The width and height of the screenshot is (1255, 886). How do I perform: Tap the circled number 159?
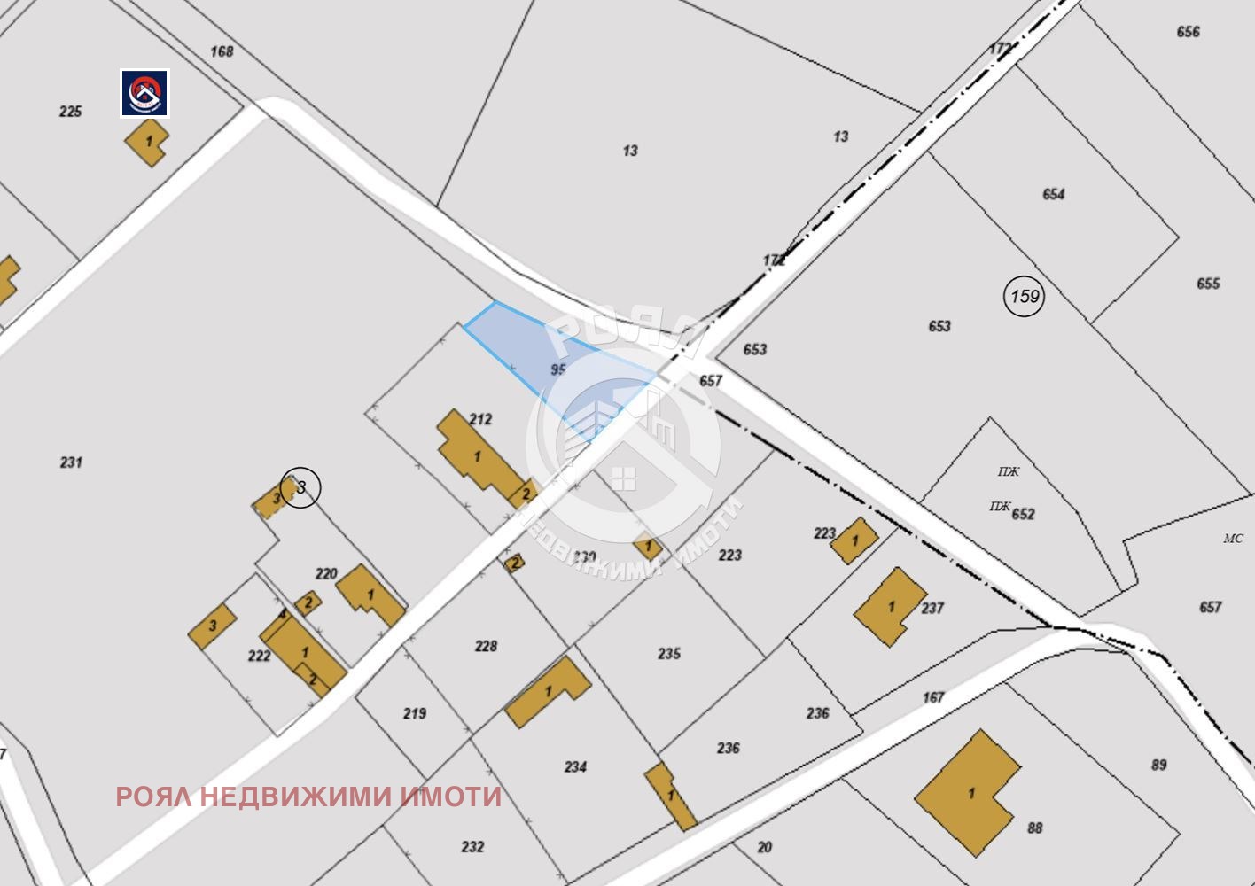pos(1025,296)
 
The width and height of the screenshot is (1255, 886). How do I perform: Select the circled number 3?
pos(300,487)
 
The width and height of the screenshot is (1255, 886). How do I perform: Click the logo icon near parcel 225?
pos(145,93)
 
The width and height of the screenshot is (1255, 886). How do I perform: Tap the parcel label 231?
pos(71,462)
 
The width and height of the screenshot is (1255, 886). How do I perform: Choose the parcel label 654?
pos(1053,194)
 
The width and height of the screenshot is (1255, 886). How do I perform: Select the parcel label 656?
pos(1188,32)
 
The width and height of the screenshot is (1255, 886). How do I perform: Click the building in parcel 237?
pos(889,607)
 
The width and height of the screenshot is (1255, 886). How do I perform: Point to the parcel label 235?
pos(669,653)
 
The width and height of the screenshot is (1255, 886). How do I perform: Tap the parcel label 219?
pos(415,713)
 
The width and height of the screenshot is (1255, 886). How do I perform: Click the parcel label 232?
pos(472,846)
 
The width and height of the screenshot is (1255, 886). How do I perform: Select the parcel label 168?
pos(222,51)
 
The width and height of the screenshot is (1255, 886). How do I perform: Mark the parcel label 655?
pos(1208,284)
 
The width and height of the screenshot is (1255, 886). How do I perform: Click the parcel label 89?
pos(1158,765)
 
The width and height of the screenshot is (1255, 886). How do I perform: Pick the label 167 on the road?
pos(933,697)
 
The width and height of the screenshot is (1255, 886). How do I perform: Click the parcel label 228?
pos(486,646)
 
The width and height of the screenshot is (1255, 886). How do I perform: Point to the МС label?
pos(1233,538)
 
